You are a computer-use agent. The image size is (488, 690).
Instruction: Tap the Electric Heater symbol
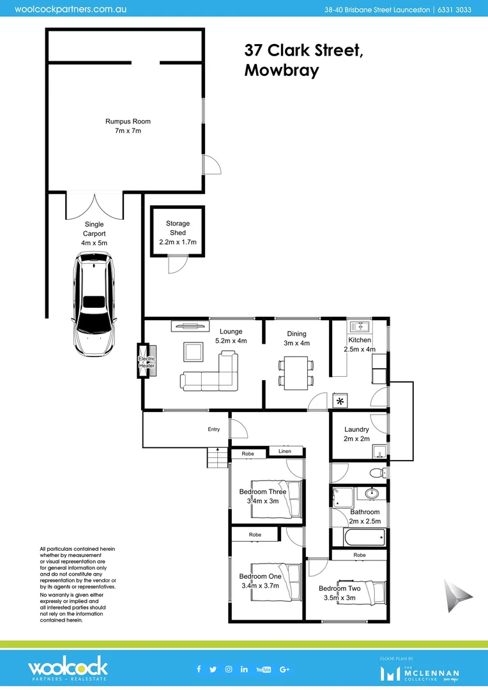(147, 362)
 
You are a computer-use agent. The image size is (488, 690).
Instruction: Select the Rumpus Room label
(128, 121)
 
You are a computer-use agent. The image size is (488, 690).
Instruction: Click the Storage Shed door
(177, 264)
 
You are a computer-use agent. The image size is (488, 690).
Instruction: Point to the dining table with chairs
(296, 373)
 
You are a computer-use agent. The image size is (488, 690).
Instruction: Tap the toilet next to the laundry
(379, 472)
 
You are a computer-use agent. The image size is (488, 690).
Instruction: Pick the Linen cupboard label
(285, 452)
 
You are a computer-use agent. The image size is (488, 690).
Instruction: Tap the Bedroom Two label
(339, 588)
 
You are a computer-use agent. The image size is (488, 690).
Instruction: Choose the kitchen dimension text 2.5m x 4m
(359, 349)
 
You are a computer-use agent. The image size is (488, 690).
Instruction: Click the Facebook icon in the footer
(199, 669)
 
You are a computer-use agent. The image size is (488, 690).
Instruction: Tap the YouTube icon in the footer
(263, 669)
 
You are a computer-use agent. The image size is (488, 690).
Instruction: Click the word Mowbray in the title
(281, 71)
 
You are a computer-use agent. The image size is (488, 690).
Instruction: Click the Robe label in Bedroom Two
(360, 555)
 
